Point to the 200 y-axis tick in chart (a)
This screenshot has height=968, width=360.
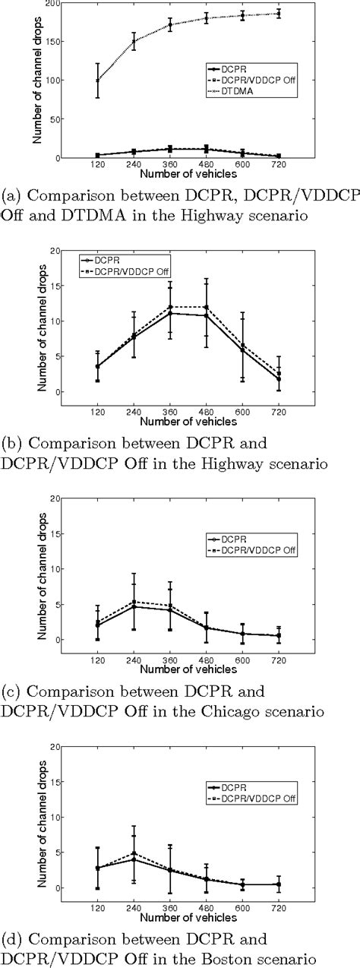coord(58,3)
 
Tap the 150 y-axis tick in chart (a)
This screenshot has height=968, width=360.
coord(58,41)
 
